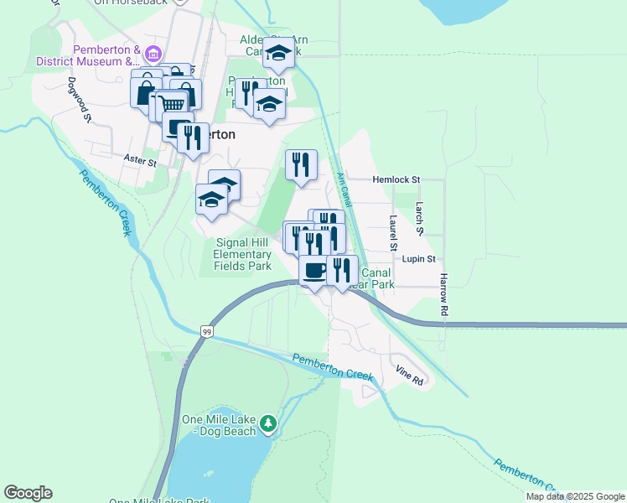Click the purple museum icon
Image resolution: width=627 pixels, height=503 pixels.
point(153,55)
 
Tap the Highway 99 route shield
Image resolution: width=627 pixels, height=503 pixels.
point(207,332)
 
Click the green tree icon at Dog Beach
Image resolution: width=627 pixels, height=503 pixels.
point(267,423)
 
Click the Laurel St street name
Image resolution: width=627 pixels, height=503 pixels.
point(392,232)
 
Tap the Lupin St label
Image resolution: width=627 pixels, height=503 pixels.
point(417,259)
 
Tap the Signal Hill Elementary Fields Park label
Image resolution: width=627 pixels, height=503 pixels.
point(242,254)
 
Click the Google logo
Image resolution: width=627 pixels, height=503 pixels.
point(28,493)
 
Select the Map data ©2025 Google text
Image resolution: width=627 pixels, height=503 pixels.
point(575,496)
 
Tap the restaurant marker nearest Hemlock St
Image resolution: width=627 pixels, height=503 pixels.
point(301,164)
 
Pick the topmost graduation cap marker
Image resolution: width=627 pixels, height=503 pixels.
point(278,54)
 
